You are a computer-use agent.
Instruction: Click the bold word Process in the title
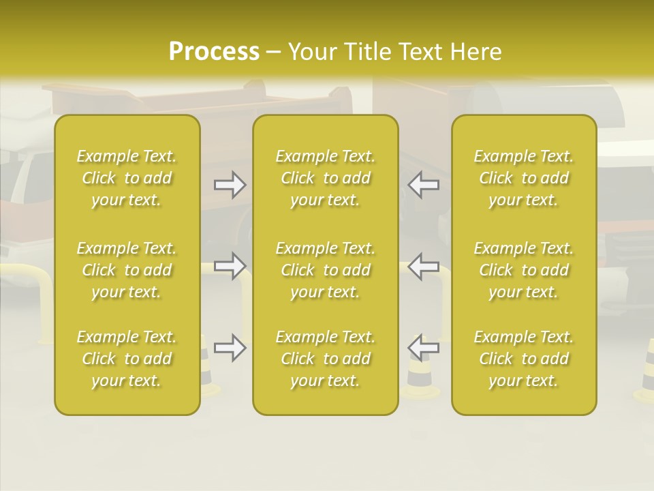pos(214,52)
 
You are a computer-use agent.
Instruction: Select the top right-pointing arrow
pos(230,184)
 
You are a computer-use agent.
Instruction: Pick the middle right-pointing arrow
pos(230,266)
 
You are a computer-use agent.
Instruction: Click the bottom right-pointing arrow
pos(230,348)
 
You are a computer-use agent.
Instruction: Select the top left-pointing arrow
pos(424,184)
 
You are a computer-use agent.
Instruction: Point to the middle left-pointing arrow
pos(424,266)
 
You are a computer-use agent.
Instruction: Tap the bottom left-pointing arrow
pos(424,348)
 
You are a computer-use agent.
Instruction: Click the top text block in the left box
pos(127,178)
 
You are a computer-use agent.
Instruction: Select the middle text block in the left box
pos(127,270)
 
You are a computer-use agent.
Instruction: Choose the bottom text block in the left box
pos(127,359)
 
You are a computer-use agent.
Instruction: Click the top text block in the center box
pos(326,178)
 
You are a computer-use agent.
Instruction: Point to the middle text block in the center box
pos(326,270)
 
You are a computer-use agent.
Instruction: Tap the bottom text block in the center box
pos(326,359)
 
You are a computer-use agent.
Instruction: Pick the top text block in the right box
pos(524,178)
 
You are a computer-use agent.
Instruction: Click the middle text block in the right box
pos(524,270)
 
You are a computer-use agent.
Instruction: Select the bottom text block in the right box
pos(524,359)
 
